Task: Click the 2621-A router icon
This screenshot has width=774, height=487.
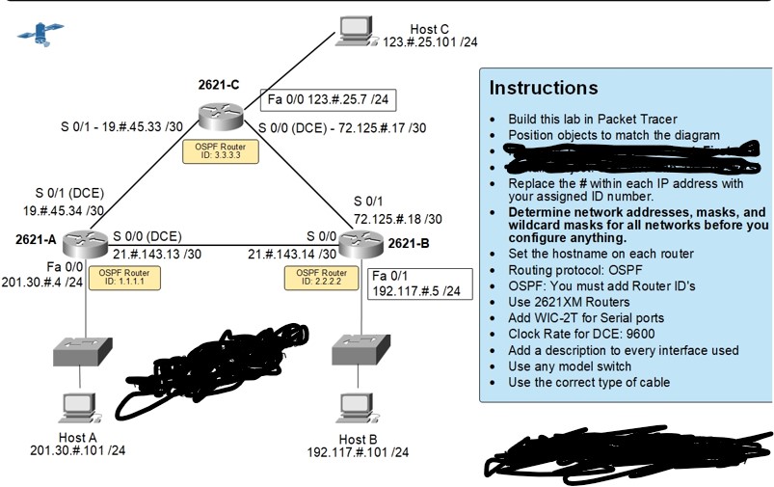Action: tap(86, 243)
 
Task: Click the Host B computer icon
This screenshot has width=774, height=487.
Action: tap(355, 407)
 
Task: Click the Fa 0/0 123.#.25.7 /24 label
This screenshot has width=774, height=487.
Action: tap(328, 99)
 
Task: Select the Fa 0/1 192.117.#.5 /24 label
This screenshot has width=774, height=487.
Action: tap(416, 283)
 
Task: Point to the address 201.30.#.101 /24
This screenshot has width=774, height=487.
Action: tap(77, 450)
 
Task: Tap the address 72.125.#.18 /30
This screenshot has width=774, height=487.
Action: tap(397, 219)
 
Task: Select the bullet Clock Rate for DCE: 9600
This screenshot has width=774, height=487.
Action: tap(588, 333)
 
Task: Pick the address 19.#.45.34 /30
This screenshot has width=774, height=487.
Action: tap(65, 209)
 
